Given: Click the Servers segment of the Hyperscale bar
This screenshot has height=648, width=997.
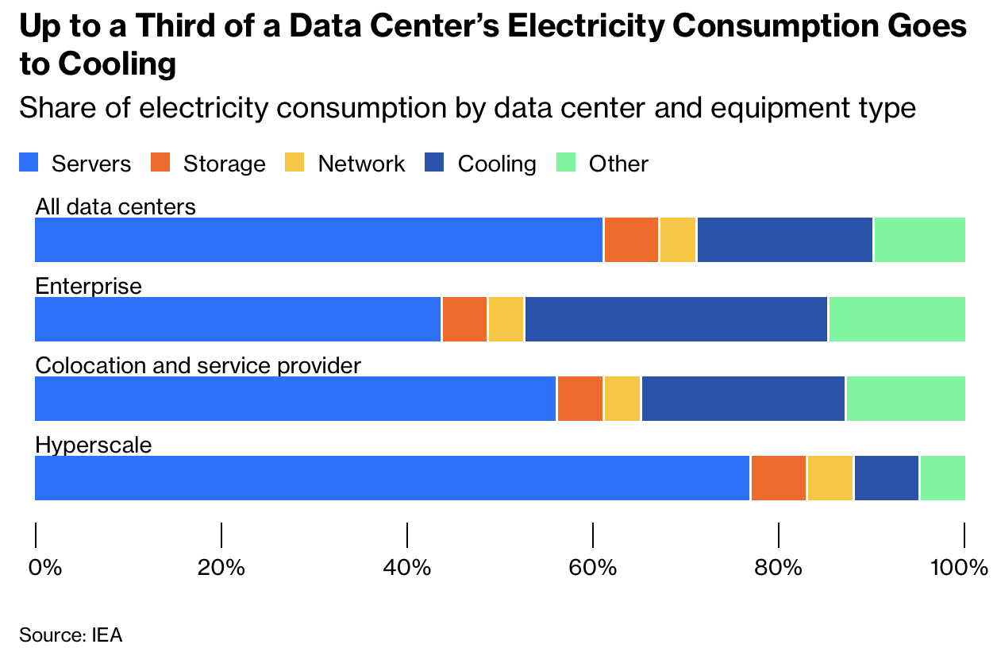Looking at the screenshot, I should (x=392, y=478).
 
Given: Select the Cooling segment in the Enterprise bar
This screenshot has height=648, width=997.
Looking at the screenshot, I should (x=676, y=319).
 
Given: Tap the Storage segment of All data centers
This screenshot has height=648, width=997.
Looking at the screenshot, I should (x=631, y=240).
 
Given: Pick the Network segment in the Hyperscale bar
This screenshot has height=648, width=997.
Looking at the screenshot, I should (x=830, y=478).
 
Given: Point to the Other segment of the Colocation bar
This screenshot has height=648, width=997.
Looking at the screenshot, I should (x=906, y=399).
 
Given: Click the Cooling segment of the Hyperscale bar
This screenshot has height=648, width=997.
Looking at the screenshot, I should (x=886, y=478).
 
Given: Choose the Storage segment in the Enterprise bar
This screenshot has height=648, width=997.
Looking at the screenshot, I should (x=464, y=319).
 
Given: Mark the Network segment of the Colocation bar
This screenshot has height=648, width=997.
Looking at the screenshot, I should (x=622, y=399).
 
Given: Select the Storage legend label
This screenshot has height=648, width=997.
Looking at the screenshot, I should (x=224, y=164).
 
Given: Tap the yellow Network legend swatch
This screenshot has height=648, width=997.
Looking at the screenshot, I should (x=294, y=164).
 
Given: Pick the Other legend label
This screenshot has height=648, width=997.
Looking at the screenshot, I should (x=618, y=164).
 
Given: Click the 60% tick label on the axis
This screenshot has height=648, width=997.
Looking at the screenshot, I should (x=592, y=568).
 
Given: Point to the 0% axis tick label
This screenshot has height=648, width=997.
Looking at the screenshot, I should (x=44, y=568).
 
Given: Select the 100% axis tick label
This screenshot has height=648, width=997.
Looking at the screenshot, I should (x=959, y=568).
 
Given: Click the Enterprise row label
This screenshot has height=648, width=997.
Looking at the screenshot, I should (x=89, y=286).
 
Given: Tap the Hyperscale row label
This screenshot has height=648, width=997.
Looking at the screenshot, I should (x=94, y=445).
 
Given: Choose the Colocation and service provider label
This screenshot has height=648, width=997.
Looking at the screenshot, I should (x=198, y=365).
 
